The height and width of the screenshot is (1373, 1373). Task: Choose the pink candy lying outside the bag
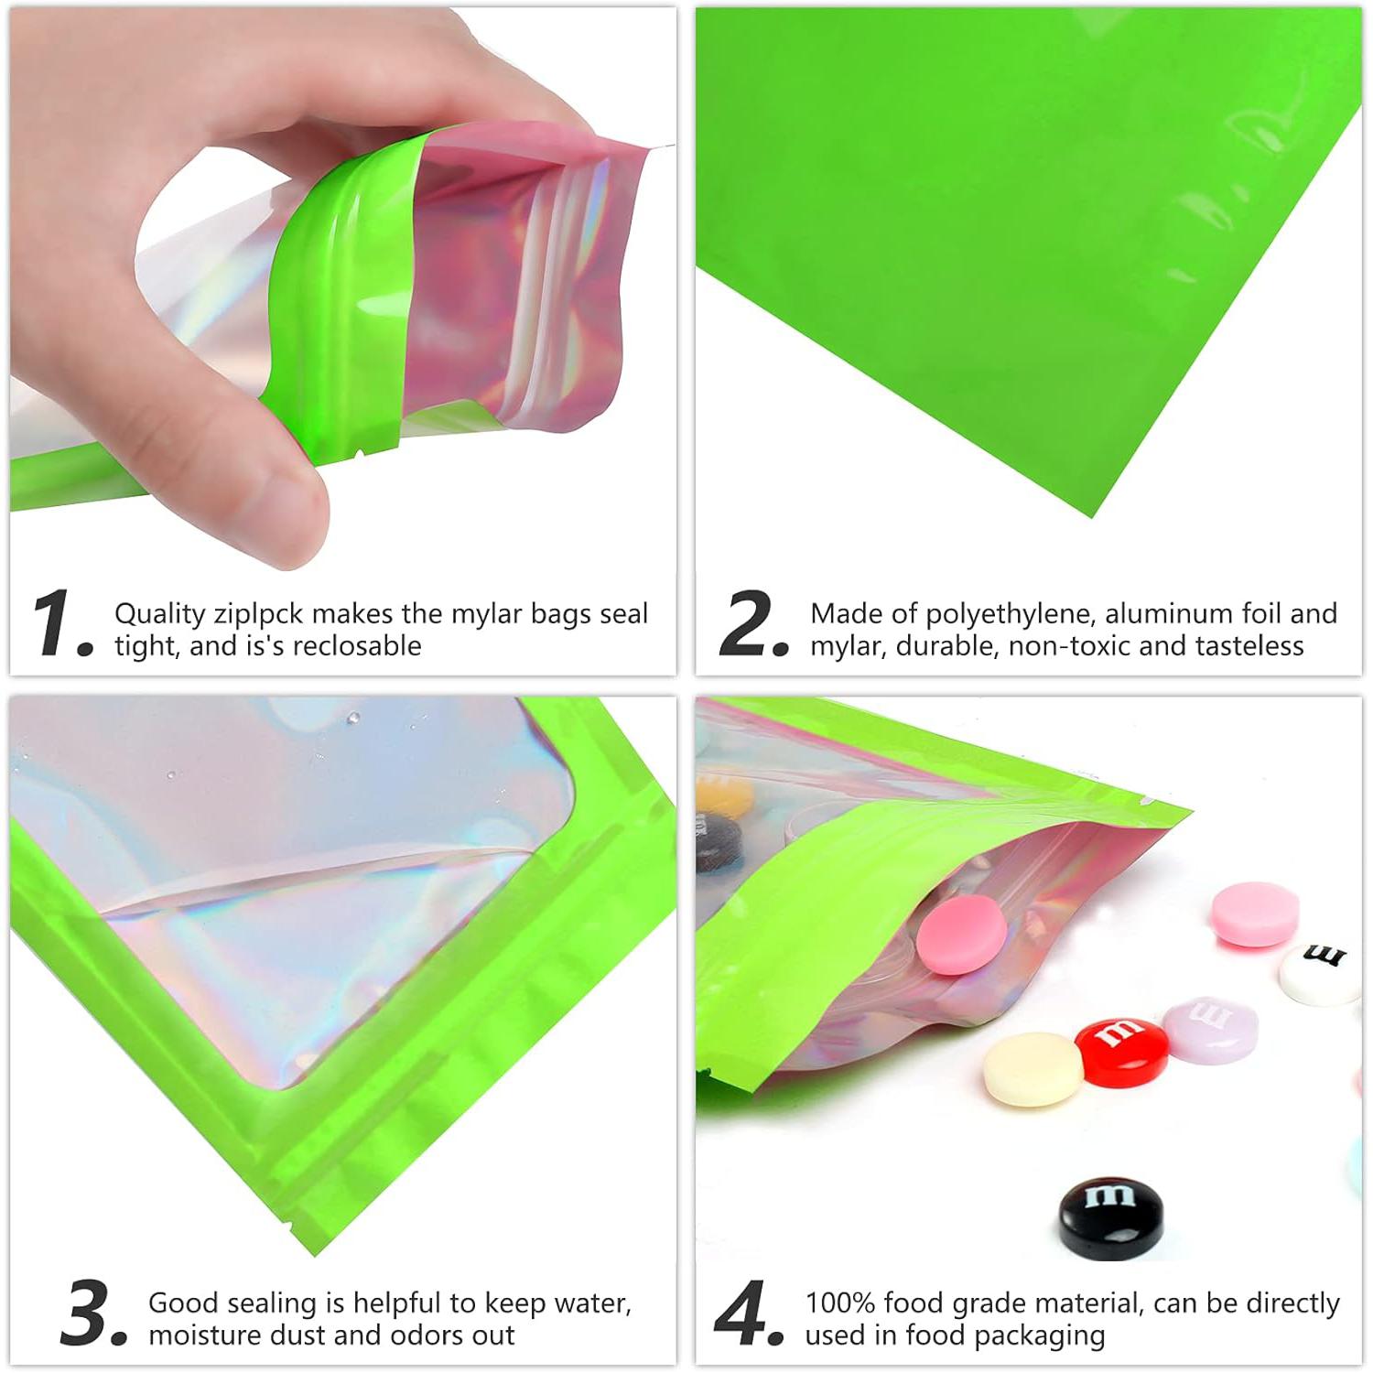point(1255,912)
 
